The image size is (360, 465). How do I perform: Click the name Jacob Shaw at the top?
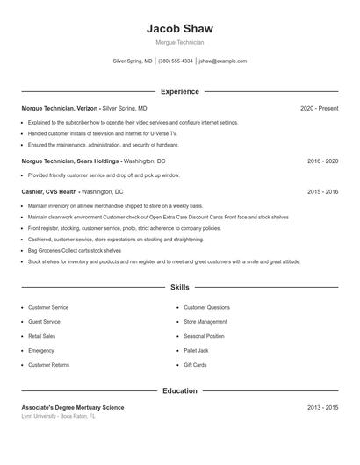(x=179, y=29)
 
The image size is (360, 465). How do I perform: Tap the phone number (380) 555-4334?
(x=176, y=61)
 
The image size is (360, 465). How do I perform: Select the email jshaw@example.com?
(x=222, y=61)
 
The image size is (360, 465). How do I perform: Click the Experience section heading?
(x=179, y=91)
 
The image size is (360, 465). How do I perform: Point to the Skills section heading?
(x=179, y=287)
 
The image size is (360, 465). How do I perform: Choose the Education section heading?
(x=179, y=390)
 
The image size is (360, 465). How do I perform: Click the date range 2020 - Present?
(x=319, y=108)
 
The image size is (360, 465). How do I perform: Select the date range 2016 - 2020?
(x=322, y=161)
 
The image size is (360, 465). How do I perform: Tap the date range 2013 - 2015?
(x=322, y=407)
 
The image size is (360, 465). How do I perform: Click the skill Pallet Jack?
(x=196, y=350)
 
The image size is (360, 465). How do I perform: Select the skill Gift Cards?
(x=195, y=364)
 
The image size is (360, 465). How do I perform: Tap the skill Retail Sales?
(x=41, y=336)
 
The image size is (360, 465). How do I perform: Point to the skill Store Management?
(x=205, y=322)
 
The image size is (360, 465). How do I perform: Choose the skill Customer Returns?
(x=48, y=364)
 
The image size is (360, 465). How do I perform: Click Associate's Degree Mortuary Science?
(x=73, y=407)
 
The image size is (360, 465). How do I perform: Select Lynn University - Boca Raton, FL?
(x=58, y=416)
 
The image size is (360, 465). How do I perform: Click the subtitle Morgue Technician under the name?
(x=179, y=42)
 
